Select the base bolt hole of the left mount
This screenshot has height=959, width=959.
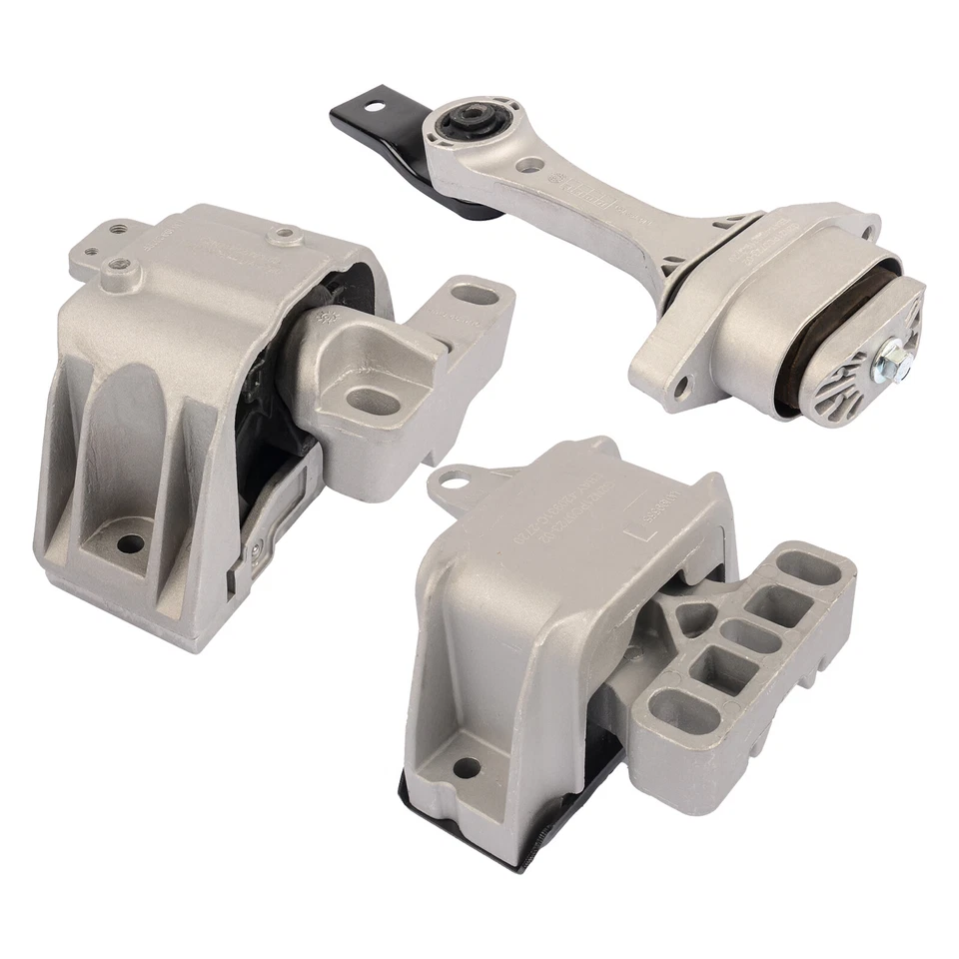(x=130, y=545)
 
